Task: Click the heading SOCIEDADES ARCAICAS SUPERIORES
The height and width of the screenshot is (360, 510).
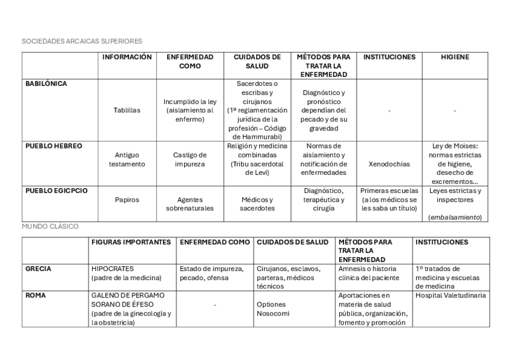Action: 82,41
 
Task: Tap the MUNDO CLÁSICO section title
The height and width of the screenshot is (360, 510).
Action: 50,227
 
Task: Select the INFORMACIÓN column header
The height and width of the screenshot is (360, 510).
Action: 127,57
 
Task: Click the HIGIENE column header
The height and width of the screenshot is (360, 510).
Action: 455,57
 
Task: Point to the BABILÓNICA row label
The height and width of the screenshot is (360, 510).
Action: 46,84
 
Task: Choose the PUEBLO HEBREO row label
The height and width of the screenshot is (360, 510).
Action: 54,146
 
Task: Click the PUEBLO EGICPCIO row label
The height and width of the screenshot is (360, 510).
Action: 57,191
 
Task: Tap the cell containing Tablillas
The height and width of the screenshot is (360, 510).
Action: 127,111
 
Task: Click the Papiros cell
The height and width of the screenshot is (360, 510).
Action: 127,200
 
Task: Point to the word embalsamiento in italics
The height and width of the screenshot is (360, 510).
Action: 455,218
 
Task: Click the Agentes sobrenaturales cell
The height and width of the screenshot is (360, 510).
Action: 190,204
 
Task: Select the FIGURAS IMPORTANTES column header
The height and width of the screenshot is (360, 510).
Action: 131,242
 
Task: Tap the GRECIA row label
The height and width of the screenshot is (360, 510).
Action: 38,269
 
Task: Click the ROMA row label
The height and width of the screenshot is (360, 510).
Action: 35,296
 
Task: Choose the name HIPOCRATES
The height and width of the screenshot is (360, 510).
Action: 112,269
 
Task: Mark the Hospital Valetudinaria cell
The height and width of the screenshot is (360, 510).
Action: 451,296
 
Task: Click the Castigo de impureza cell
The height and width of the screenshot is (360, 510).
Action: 190,159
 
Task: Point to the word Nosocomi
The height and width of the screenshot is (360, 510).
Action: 269,314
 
